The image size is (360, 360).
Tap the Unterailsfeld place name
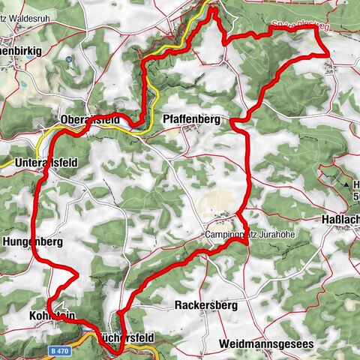46,161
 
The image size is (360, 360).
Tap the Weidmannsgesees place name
266,344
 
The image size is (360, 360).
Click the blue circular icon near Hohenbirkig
68,58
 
